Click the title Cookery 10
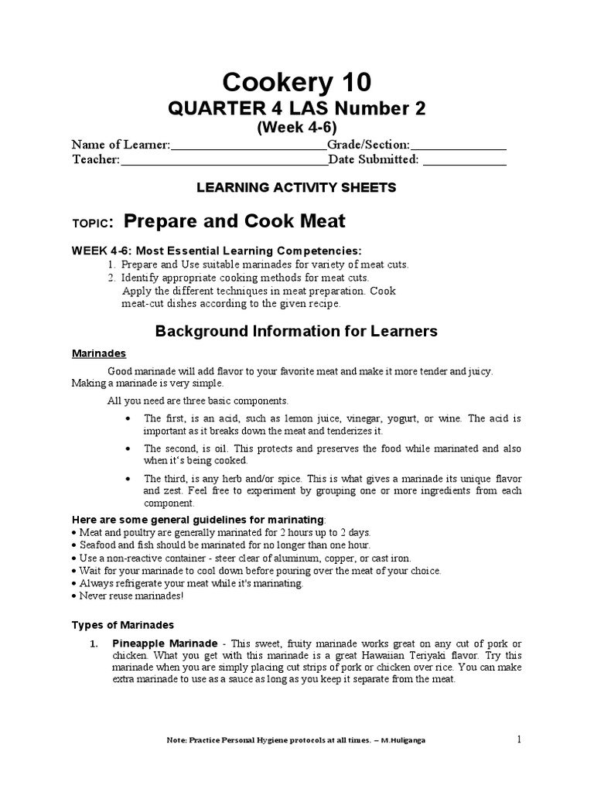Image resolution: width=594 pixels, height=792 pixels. click(x=297, y=81)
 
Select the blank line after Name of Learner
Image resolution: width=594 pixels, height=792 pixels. click(x=248, y=146)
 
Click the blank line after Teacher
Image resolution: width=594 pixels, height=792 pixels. click(x=224, y=162)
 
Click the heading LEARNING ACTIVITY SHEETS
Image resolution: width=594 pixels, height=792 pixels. click(x=297, y=187)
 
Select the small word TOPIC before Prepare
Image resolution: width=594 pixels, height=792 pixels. click(x=92, y=224)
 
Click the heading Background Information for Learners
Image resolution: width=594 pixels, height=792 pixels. click(x=297, y=332)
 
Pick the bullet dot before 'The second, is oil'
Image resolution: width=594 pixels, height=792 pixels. click(x=128, y=449)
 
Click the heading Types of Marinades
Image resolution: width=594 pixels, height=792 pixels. click(x=123, y=625)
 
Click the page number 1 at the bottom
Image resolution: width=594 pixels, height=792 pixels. click(x=519, y=739)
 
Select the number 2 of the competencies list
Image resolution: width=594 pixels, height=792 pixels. click(x=111, y=277)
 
